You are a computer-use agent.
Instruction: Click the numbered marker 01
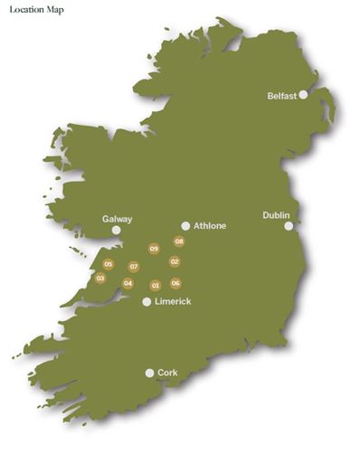(x=156, y=286)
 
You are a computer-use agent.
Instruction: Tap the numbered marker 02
(x=175, y=262)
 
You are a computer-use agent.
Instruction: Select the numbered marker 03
(x=100, y=278)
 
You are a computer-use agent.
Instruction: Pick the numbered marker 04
(x=128, y=283)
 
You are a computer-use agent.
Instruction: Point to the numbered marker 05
(x=109, y=264)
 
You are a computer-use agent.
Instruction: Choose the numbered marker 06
(x=175, y=283)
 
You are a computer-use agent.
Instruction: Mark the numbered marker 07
(x=134, y=267)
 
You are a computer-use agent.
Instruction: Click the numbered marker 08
(x=179, y=241)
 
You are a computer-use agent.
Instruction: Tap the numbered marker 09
(x=154, y=249)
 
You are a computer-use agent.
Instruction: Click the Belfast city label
(x=282, y=95)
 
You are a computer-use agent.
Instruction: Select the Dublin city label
(x=276, y=215)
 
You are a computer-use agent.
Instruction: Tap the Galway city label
(x=118, y=219)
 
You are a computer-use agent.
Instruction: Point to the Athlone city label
(x=210, y=226)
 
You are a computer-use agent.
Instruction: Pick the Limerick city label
(x=173, y=301)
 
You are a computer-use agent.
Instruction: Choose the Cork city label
(x=168, y=372)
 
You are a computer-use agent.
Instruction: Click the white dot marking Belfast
(x=304, y=94)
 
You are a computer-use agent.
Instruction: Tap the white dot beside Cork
(x=150, y=373)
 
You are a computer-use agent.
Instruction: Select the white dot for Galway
(x=116, y=231)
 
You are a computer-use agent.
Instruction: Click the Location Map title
(x=36, y=10)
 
